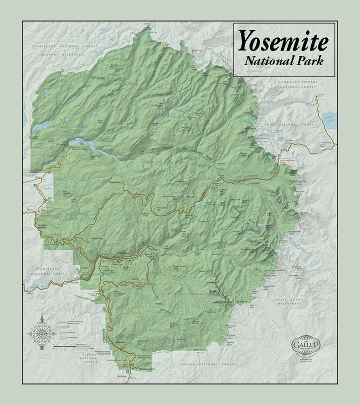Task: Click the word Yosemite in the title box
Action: tap(283, 41)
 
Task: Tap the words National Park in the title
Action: tap(283, 61)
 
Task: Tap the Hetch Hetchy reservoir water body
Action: tap(95, 146)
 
